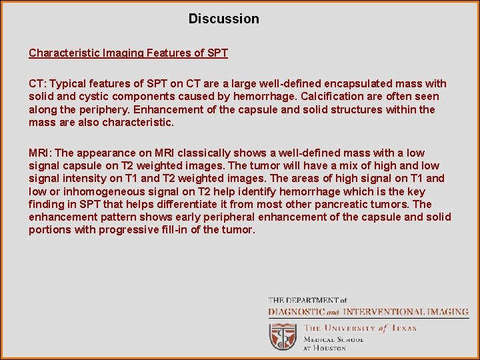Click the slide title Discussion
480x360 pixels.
coord(223,19)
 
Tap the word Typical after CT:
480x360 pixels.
coord(68,84)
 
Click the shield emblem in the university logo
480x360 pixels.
coord(283,337)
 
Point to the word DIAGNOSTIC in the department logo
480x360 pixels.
coord(297,311)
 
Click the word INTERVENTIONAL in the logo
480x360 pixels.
coord(389,311)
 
